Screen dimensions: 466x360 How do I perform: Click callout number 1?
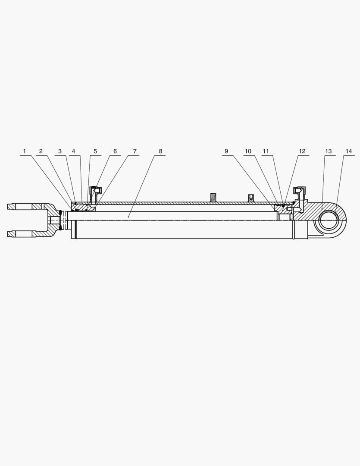tap(25, 151)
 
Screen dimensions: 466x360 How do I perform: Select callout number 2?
tap(41, 151)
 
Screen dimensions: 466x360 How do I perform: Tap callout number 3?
tap(60, 151)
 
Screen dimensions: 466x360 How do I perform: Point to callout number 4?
tap(74, 151)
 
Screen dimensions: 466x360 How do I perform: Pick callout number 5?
tap(95, 151)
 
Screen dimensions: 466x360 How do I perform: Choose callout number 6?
tap(115, 151)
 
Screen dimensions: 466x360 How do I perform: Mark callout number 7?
tap(135, 151)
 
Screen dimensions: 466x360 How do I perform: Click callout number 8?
tap(160, 151)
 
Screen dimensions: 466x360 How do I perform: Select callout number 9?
tap(226, 151)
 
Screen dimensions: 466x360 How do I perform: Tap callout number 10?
tap(248, 151)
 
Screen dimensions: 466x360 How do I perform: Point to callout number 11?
tap(266, 151)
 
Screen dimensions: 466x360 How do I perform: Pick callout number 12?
tap(302, 151)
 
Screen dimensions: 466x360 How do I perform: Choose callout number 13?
tap(329, 151)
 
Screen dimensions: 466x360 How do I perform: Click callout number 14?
tap(348, 151)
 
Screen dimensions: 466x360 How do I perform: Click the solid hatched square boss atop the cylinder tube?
tap(213, 198)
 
